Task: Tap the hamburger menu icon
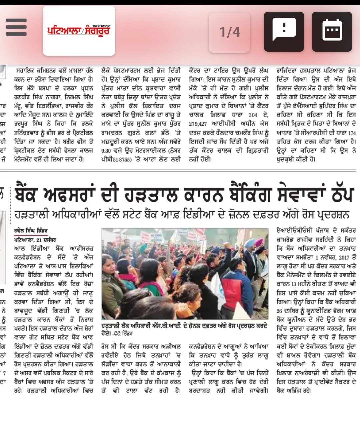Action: click(x=16, y=27)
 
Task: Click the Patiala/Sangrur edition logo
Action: click(x=79, y=30)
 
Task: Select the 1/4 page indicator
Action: click(x=229, y=32)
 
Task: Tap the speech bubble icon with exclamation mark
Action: click(x=284, y=31)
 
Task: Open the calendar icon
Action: click(x=332, y=31)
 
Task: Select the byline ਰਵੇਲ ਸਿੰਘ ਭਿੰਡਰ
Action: click(x=31, y=231)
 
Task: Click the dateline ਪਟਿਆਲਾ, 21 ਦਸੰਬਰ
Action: click(x=35, y=240)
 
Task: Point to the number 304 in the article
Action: click(x=253, y=115)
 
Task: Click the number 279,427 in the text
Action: click(x=198, y=124)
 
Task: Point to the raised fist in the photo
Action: click(x=227, y=245)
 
